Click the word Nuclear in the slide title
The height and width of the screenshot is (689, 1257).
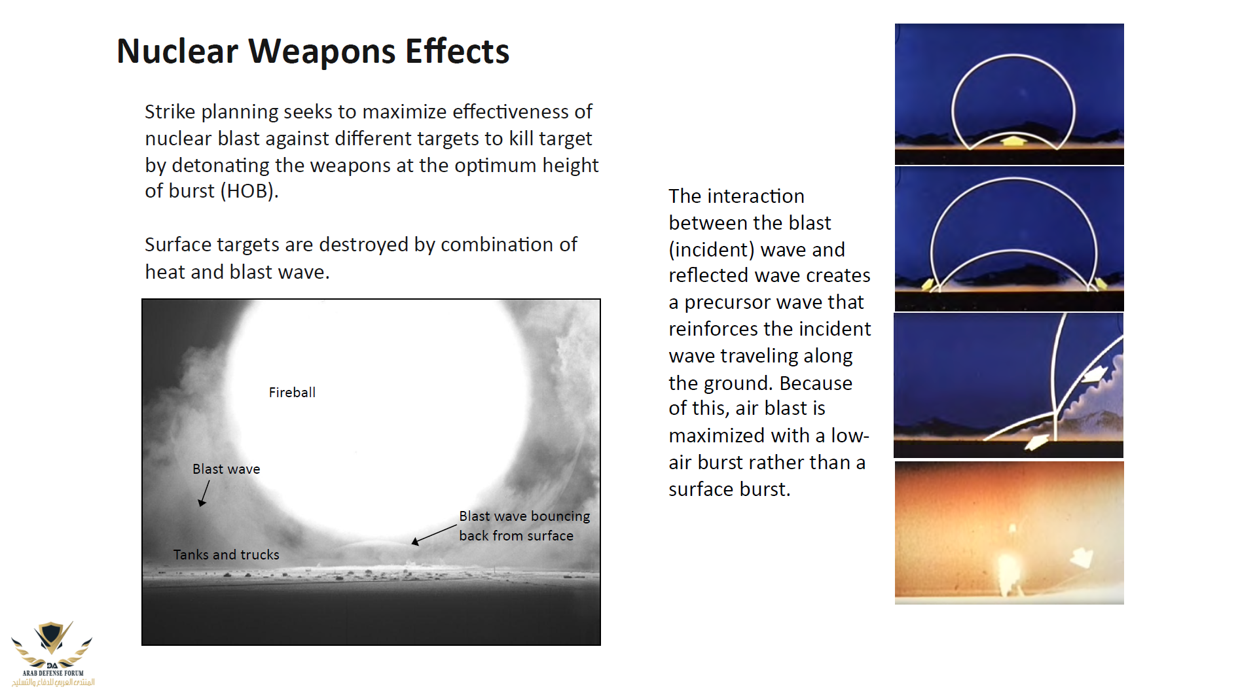coord(177,51)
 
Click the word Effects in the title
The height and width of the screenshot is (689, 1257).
coord(457,51)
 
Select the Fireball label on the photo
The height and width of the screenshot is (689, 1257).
coord(292,392)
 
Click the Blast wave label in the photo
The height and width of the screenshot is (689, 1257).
coord(226,469)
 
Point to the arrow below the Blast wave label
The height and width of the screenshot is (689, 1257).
coord(204,493)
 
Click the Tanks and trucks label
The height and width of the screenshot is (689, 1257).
coord(226,555)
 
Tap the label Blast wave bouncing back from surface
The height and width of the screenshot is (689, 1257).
coord(524,525)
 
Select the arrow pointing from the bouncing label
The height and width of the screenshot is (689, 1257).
coord(433,535)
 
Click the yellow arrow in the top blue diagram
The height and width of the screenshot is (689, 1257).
coord(1012,140)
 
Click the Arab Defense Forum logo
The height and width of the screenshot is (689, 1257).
coord(52,653)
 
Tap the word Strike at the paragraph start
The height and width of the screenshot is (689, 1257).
coord(170,112)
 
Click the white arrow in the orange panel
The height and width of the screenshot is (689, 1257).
coord(1082,557)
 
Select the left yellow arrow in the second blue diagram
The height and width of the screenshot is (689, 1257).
coord(928,284)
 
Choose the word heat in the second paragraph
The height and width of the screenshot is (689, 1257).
coord(164,272)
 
